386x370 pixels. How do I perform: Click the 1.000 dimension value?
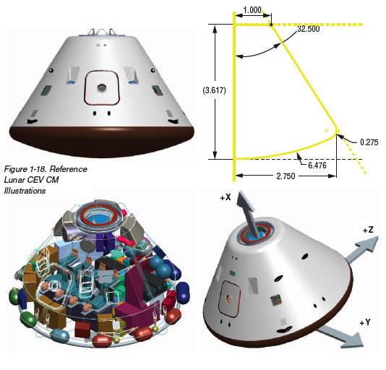click(252, 10)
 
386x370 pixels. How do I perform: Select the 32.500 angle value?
click(309, 29)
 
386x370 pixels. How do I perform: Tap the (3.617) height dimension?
click(214, 90)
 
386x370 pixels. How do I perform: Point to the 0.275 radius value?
click(369, 142)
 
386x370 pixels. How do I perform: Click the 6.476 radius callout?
click(317, 165)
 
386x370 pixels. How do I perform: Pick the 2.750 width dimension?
click(286, 176)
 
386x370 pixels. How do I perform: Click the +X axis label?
click(226, 197)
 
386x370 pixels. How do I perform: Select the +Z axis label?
click(368, 231)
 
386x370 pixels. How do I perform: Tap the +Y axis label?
click(365, 322)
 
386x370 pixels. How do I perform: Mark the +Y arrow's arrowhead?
click(355, 340)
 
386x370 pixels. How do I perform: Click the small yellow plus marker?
click(326, 130)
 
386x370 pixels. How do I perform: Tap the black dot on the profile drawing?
click(271, 25)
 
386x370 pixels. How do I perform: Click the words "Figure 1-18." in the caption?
click(25, 169)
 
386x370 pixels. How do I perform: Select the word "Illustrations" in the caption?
click(25, 191)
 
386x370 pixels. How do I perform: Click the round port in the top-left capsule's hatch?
click(101, 88)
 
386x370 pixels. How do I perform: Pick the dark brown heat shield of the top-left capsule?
click(102, 142)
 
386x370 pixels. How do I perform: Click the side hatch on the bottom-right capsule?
click(229, 298)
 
